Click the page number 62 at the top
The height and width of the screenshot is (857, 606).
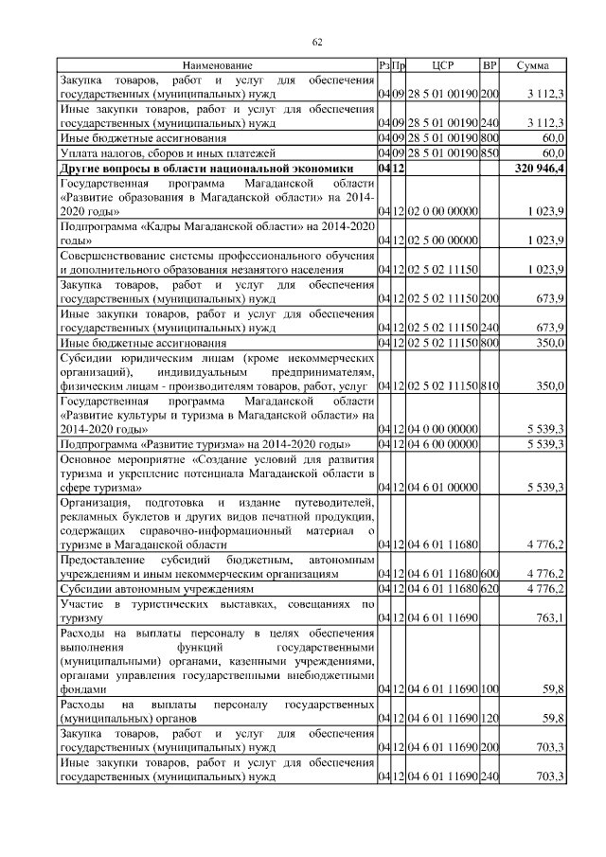[318, 41]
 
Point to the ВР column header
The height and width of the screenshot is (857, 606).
[490, 65]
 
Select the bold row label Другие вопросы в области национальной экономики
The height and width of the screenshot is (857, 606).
[206, 168]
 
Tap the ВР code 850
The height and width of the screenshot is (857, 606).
[490, 152]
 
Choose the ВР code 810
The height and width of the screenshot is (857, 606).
[490, 387]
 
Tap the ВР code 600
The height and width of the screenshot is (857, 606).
[490, 573]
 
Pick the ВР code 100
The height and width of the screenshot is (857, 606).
[490, 690]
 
